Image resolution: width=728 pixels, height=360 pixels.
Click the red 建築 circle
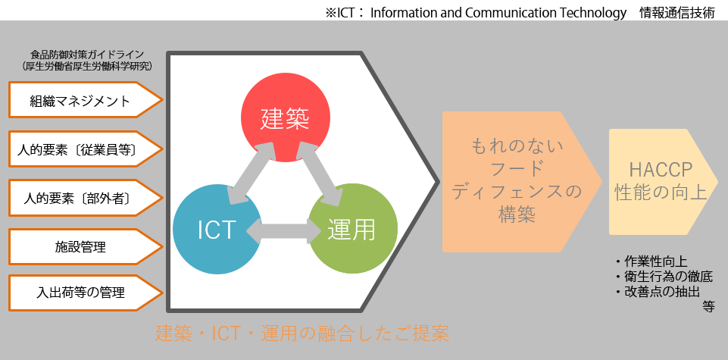[286, 117]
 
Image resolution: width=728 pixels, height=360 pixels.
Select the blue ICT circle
[217, 229]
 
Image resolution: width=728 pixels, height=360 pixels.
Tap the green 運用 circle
[353, 229]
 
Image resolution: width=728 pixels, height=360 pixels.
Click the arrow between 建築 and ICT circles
[252, 173]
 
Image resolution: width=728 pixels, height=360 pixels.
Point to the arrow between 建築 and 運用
[320, 173]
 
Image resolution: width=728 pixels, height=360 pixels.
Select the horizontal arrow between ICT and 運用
[285, 230]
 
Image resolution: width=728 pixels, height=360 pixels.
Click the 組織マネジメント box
[86, 100]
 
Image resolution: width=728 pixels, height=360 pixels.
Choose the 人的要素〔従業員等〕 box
[86, 149]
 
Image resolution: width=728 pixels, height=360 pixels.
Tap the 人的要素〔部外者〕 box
[86, 199]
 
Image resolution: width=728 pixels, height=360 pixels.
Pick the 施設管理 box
[86, 246]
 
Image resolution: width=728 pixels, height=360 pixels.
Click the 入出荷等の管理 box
[86, 293]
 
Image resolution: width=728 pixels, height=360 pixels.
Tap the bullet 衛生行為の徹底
[663, 277]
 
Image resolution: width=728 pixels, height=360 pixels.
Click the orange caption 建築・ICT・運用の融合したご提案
[302, 333]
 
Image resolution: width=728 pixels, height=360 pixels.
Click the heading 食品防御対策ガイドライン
[87, 55]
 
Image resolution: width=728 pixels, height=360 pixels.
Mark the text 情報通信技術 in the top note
[677, 13]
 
